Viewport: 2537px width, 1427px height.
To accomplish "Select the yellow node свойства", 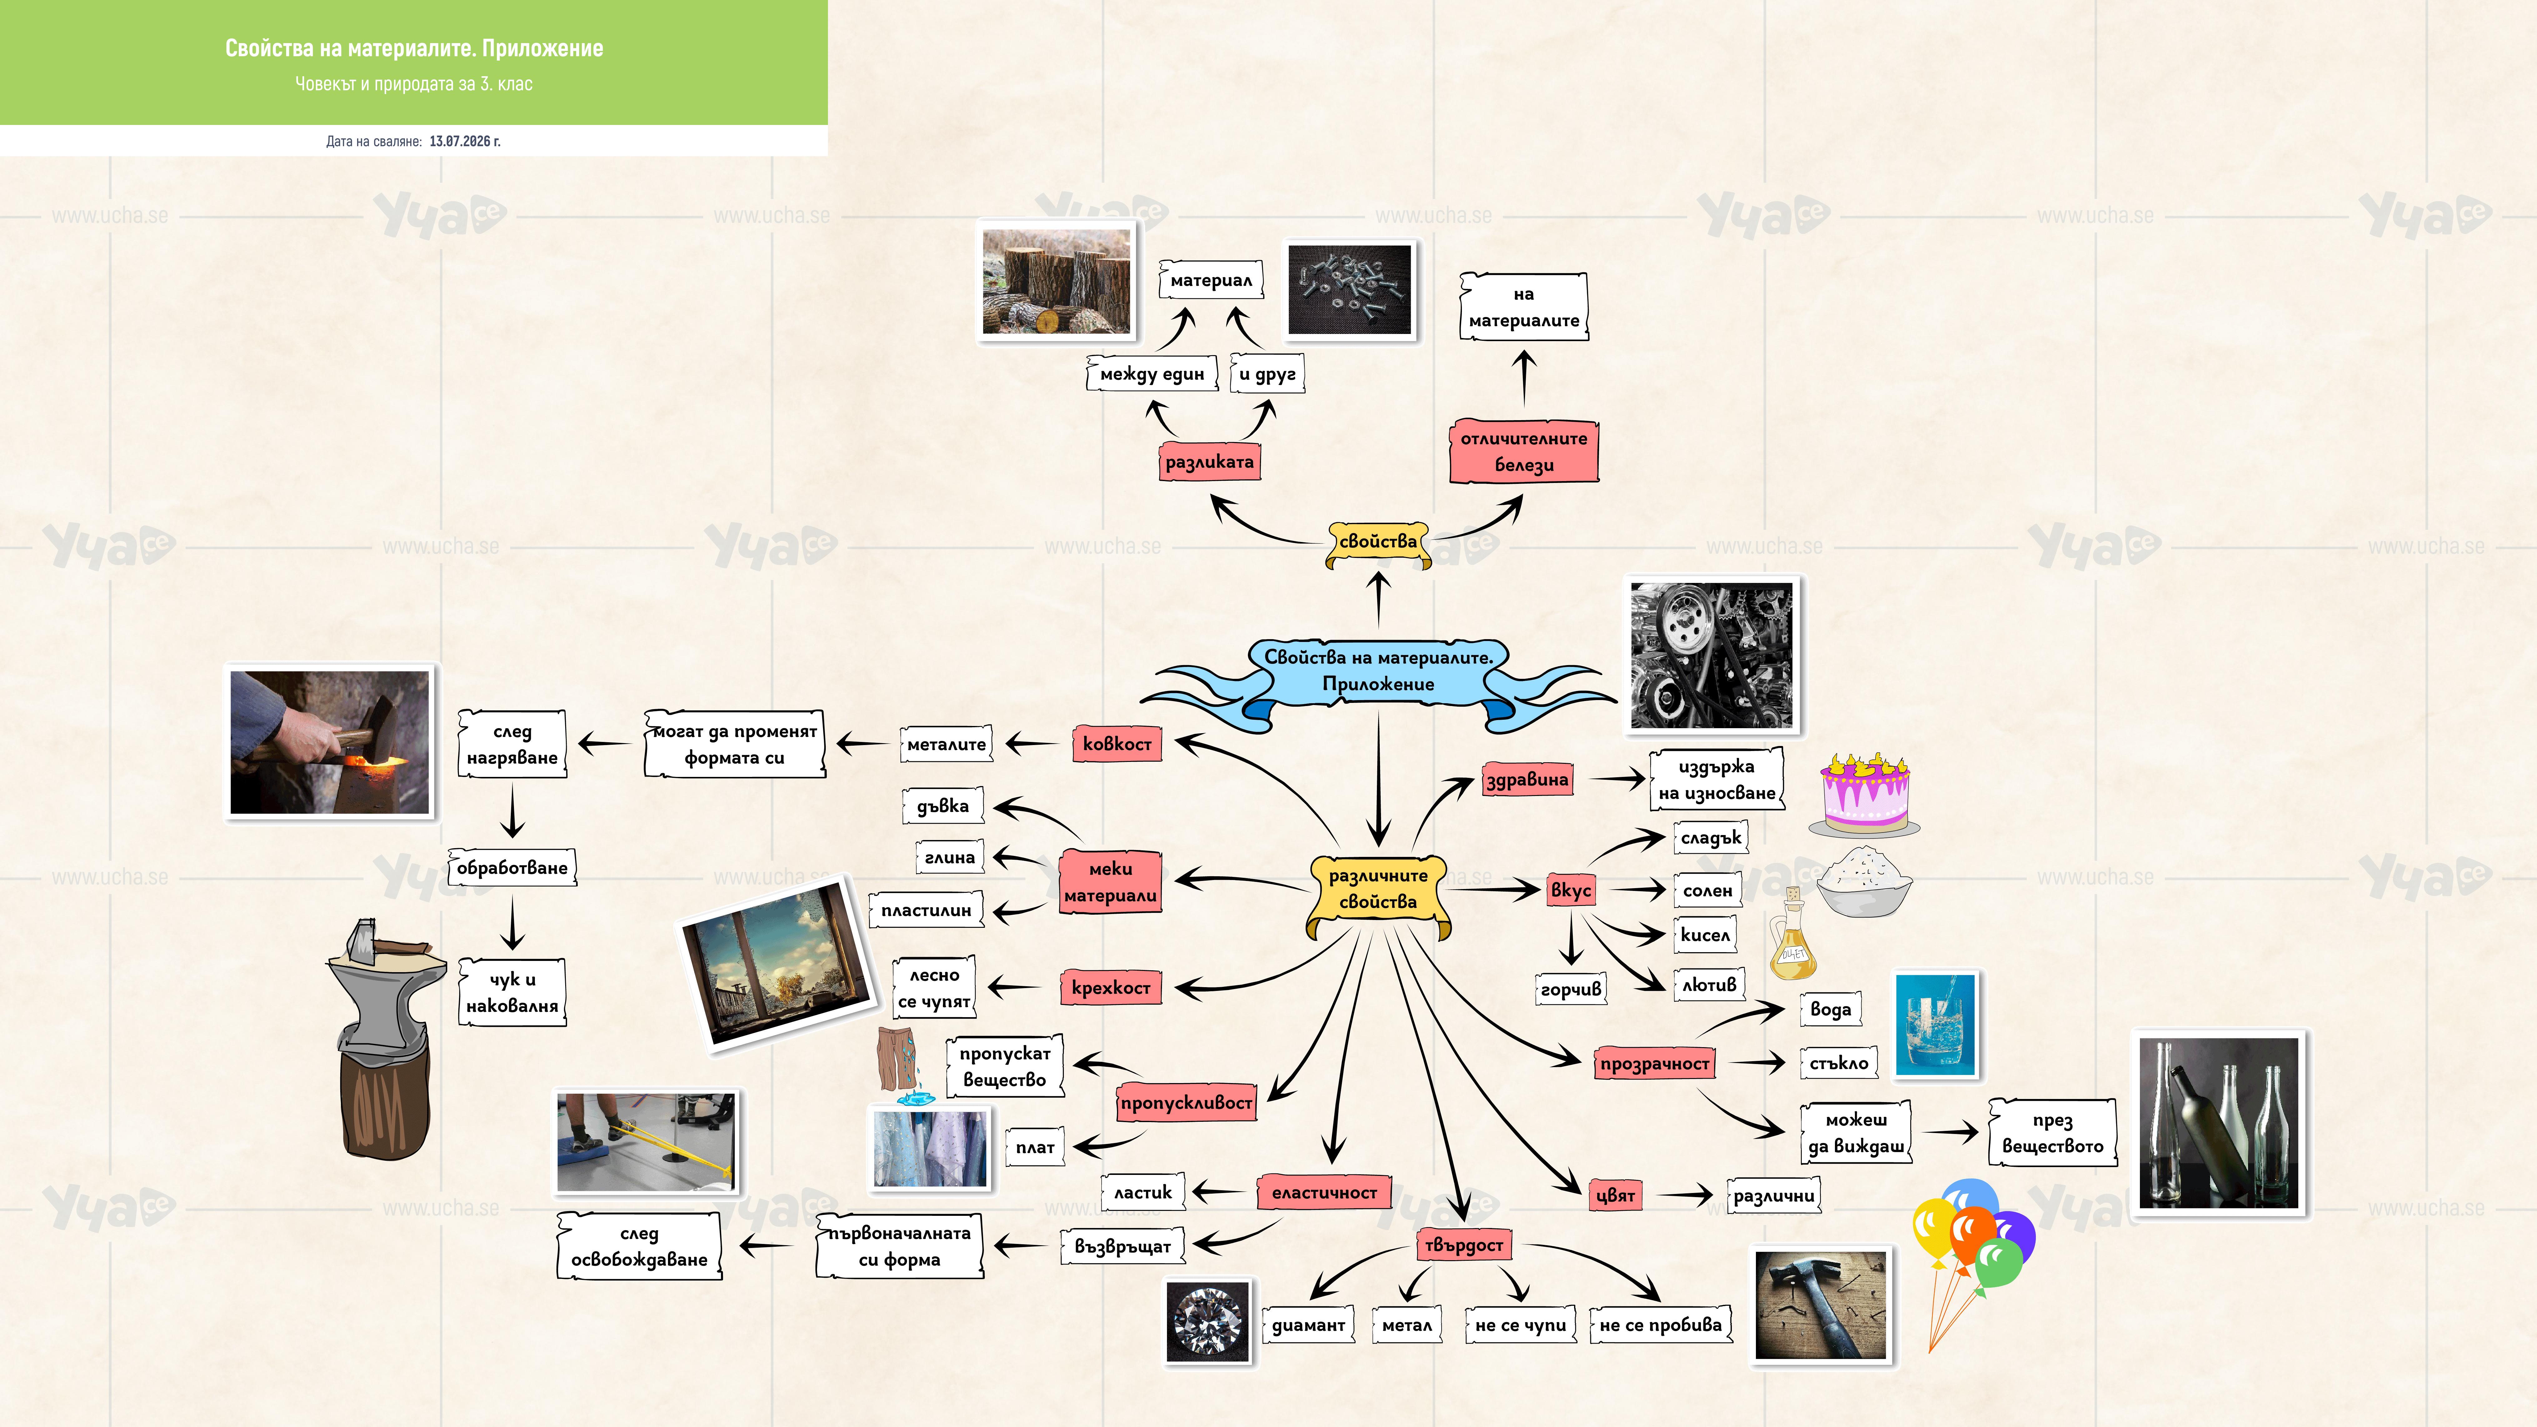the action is point(1378,543).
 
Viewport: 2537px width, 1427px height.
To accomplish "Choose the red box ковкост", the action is point(1117,743).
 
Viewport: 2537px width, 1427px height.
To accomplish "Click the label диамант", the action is point(1308,1325).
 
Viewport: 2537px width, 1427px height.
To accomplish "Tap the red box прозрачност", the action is point(1655,1064).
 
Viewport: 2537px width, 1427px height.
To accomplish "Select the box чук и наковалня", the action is point(512,993).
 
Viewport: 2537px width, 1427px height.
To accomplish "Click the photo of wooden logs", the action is point(1057,282).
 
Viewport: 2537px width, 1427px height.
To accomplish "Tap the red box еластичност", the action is point(1325,1193).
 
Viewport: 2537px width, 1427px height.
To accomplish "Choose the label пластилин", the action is point(926,910).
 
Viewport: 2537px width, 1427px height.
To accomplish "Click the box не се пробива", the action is point(1662,1325).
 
